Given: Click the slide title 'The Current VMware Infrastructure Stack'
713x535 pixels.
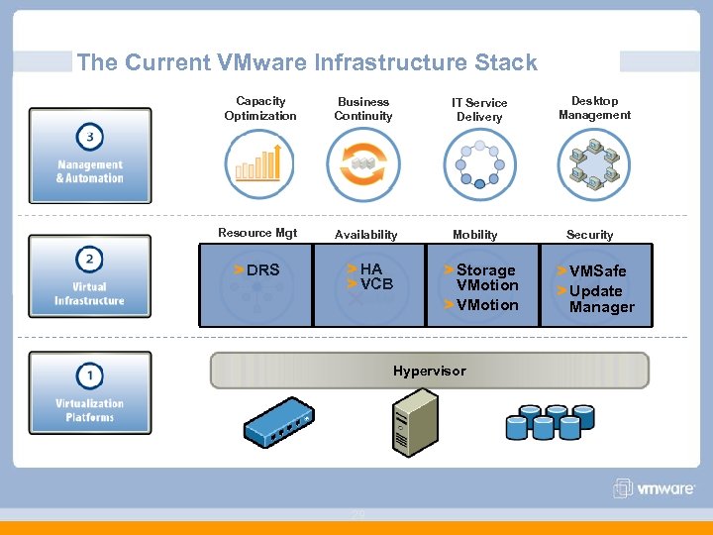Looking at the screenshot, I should point(307,62).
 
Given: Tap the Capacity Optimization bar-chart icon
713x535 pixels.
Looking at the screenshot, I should point(259,164).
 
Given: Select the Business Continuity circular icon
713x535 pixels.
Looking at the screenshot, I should point(363,164).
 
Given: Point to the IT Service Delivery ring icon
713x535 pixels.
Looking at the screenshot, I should point(480,164).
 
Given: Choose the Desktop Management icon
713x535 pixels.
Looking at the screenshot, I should point(594,164).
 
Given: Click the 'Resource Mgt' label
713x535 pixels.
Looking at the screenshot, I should point(257,234).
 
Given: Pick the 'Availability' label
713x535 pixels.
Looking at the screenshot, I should point(365,235).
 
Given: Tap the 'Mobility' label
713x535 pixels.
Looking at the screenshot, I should point(475,235).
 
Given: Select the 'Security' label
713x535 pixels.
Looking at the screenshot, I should point(589,235).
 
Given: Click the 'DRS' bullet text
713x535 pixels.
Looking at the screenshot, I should point(262,269).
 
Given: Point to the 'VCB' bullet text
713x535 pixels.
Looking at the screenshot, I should point(376,284).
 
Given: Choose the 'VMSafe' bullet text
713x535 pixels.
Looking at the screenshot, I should point(597,270).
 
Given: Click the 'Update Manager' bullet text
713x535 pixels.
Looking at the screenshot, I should point(600,299).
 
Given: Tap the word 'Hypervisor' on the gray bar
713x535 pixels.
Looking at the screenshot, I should point(429,372).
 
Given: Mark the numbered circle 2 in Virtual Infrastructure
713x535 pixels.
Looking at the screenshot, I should point(89,260).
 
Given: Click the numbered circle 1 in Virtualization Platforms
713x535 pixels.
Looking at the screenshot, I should point(89,376).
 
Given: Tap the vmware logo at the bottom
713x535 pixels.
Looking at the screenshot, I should point(655,488).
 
